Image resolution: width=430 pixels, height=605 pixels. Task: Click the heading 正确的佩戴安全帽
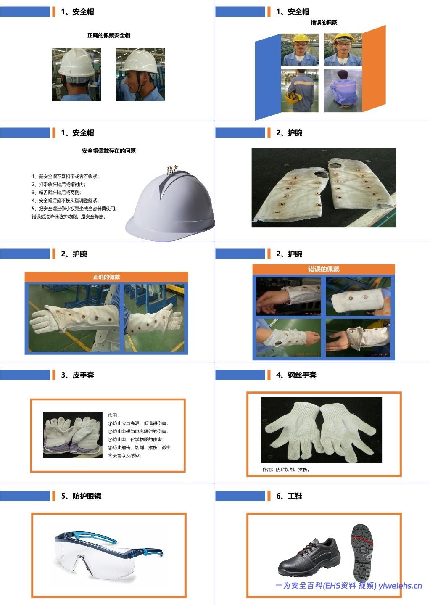point(108,35)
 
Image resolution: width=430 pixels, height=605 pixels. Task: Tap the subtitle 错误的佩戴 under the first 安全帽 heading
point(324,22)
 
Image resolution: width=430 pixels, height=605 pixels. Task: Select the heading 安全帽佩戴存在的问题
point(108,151)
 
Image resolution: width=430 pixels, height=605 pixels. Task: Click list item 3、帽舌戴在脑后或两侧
point(60,192)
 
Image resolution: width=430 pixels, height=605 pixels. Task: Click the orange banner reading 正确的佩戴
point(106,277)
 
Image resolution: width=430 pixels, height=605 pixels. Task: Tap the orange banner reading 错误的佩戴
point(324,269)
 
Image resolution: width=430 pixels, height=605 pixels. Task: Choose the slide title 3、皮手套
point(77,375)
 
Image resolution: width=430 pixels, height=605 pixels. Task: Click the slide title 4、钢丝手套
point(296,375)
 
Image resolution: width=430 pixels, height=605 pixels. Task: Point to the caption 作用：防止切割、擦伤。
point(286,469)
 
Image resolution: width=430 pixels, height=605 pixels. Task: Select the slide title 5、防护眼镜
point(81,496)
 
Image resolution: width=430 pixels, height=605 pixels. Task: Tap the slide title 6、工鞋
point(289,496)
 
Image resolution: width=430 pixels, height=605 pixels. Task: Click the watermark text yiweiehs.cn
point(400,586)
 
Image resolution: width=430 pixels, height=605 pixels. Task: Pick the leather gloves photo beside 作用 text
point(72,435)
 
